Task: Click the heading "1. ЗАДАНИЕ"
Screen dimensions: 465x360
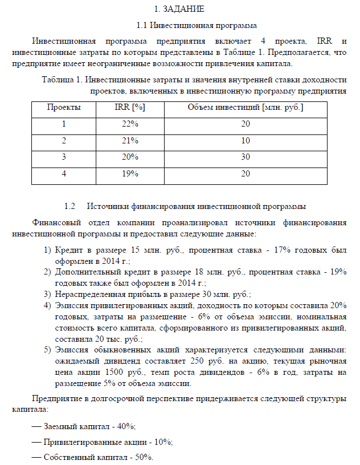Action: pyautogui.click(x=180, y=10)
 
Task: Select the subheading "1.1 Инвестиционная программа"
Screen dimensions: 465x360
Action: pyautogui.click(x=197, y=26)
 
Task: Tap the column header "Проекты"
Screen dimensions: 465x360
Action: pyautogui.click(x=63, y=107)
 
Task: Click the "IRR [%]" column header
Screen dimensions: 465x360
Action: pyautogui.click(x=129, y=107)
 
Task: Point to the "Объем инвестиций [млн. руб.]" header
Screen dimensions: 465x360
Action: pyautogui.click(x=245, y=107)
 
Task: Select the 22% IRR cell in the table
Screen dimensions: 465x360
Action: pyautogui.click(x=129, y=124)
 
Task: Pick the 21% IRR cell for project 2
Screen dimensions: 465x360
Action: pyautogui.click(x=129, y=140)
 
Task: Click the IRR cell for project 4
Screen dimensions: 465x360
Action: pyautogui.click(x=129, y=174)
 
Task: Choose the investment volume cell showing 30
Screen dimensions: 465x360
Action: pyautogui.click(x=245, y=157)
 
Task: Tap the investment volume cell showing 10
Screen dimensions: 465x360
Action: pyautogui.click(x=245, y=140)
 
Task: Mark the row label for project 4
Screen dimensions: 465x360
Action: pyautogui.click(x=63, y=174)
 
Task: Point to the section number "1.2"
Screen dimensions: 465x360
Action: pyautogui.click(x=70, y=206)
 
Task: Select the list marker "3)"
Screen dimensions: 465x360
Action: pyautogui.click(x=48, y=294)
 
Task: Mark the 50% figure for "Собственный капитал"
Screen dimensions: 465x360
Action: pyautogui.click(x=142, y=457)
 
